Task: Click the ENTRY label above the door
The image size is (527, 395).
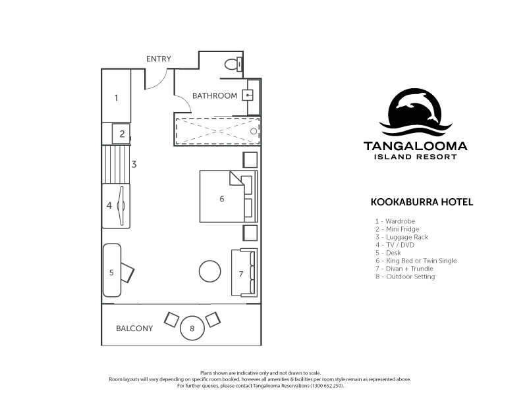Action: tap(159, 59)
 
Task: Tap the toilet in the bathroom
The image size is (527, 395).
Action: tap(233, 64)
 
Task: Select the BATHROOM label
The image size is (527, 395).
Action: tap(215, 95)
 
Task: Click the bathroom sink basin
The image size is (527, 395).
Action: tap(248, 95)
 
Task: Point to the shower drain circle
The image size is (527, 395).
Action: tap(254, 131)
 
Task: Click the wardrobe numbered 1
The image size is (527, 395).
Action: tap(117, 96)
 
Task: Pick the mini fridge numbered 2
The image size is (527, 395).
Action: tap(121, 134)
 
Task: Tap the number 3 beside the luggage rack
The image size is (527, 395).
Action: tap(134, 164)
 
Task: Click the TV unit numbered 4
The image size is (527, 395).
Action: tap(116, 206)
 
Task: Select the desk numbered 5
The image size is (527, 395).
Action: tap(112, 271)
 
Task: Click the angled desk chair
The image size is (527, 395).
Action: tap(127, 273)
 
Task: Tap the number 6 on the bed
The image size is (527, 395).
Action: tap(222, 199)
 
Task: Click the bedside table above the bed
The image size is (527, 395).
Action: tap(250, 159)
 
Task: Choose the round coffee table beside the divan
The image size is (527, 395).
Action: tap(209, 271)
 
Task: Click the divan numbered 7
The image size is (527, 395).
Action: tap(244, 273)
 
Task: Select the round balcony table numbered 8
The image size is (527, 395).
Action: tap(192, 328)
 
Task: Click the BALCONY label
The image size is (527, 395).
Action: tap(134, 328)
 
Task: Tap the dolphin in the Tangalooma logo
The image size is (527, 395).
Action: tap(418, 104)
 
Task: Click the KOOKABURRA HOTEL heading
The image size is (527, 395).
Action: tap(422, 202)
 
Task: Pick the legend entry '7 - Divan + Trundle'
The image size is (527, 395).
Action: tap(404, 269)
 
